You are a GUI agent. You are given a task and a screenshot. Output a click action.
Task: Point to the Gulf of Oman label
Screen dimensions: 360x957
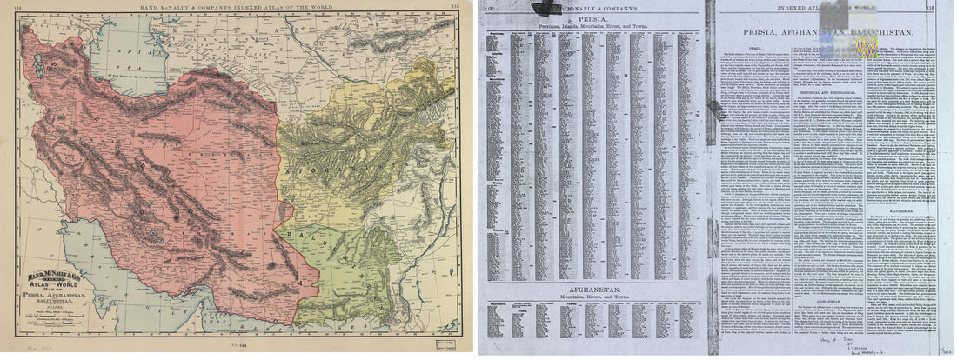point(287,326)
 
